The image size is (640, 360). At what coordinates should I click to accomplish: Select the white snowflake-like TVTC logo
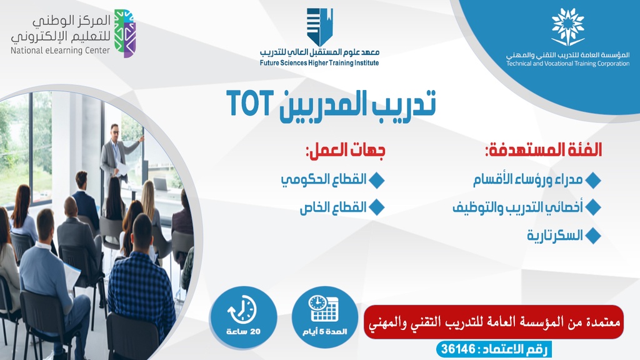click(x=567, y=26)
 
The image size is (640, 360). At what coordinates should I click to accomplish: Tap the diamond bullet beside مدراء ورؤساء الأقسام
click(x=593, y=181)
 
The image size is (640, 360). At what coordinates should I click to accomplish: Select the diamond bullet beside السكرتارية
click(x=593, y=236)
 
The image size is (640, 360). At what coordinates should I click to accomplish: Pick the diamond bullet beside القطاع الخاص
click(x=376, y=207)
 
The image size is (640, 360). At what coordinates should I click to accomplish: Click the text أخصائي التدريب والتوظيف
click(x=518, y=207)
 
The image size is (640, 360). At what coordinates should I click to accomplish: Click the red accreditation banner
click(x=494, y=322)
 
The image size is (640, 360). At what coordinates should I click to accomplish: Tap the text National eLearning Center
click(x=60, y=51)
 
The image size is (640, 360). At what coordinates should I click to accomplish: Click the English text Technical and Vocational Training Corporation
click(x=567, y=64)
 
